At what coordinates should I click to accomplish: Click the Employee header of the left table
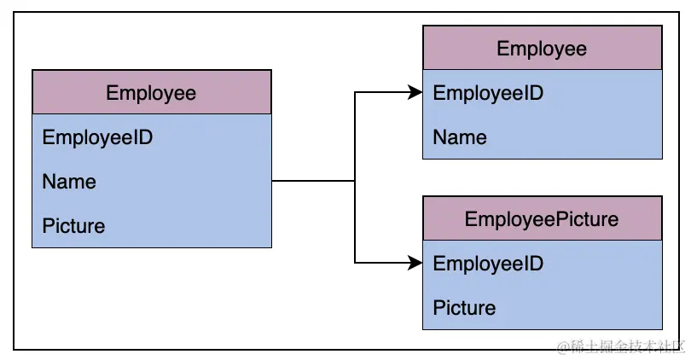pos(151,92)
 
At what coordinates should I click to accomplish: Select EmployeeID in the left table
pos(97,137)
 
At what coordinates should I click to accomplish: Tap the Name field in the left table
pos(69,182)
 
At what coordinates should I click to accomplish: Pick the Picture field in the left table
pos(73,226)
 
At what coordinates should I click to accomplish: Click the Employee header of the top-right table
pos(542,48)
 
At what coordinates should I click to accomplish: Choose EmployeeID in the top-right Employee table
pos(488,93)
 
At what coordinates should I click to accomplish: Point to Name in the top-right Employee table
pos(460,137)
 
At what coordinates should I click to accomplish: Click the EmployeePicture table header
pos(542,218)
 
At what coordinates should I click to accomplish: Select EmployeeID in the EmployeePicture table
pos(488,264)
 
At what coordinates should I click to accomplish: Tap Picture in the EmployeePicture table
pos(464,308)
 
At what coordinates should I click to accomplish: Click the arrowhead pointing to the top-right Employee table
pos(416,93)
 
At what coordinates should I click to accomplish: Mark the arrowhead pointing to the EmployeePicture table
pos(416,263)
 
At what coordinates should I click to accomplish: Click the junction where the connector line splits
pos(355,181)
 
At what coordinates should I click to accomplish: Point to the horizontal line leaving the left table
pos(312,181)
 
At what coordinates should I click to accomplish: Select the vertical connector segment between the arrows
pos(355,222)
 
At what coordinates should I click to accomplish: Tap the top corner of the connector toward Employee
pos(355,93)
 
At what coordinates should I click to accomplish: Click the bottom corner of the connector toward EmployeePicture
pos(355,263)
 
